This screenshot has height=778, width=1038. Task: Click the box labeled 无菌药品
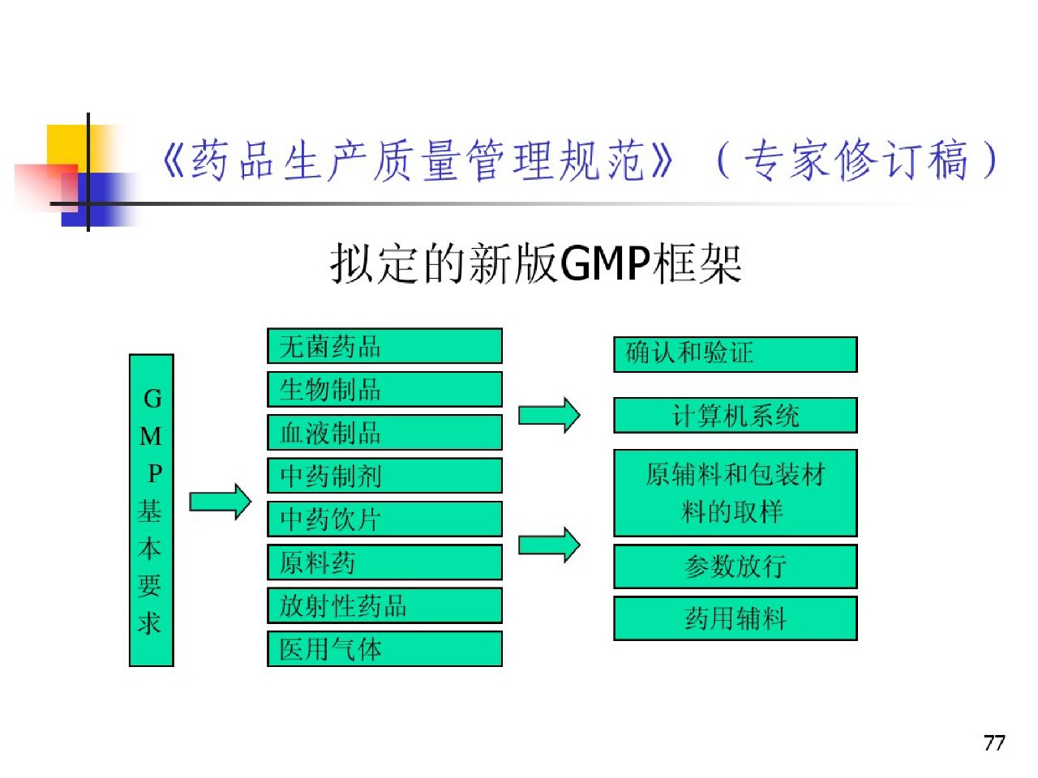[384, 346]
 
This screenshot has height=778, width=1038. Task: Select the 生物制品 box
[384, 389]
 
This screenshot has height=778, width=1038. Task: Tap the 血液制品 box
[384, 432]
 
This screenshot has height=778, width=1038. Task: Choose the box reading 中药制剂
[384, 476]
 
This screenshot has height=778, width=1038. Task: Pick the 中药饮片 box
[384, 519]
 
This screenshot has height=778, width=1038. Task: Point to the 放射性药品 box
[384, 605]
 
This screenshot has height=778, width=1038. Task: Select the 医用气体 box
[384, 649]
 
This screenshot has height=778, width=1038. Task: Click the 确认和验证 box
[735, 354]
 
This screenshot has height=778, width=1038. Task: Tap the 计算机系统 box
[735, 416]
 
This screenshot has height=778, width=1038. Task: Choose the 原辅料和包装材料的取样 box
[735, 493]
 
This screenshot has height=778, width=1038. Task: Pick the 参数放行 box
[735, 566]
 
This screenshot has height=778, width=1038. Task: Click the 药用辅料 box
[735, 618]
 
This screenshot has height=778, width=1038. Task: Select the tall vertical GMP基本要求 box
[152, 511]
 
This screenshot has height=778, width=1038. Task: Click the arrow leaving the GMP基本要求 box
[221, 502]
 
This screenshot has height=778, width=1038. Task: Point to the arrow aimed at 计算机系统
[549, 416]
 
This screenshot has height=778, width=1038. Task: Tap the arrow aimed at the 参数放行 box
[549, 545]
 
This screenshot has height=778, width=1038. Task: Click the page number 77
[994, 742]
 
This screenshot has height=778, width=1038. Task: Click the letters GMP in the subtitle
[605, 263]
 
